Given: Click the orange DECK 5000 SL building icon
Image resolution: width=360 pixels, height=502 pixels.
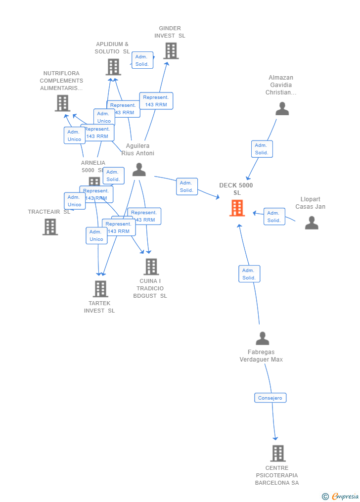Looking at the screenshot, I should [237, 208].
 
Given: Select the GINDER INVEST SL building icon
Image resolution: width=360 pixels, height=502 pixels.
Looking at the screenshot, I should [171, 50].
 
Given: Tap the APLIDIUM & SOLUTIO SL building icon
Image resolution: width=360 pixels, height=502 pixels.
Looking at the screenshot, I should [113, 67].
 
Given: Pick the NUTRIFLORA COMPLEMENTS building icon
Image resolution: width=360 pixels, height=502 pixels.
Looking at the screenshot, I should [62, 103].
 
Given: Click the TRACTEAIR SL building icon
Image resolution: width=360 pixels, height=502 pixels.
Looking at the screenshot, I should [50, 227].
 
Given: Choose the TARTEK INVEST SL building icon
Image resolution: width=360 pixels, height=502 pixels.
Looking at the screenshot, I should [100, 288].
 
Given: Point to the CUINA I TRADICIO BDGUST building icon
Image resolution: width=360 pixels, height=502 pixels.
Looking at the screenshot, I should [151, 267].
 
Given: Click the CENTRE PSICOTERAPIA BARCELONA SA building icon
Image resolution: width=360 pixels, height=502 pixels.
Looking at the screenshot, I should [278, 453].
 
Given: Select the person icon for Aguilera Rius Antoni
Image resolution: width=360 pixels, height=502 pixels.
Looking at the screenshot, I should [139, 170].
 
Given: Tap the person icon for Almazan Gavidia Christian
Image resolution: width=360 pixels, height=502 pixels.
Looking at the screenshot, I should [282, 108].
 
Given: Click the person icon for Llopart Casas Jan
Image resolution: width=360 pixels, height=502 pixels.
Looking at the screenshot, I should [312, 223].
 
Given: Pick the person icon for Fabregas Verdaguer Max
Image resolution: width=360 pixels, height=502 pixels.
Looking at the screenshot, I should [262, 338].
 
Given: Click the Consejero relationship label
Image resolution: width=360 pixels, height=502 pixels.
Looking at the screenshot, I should [270, 398].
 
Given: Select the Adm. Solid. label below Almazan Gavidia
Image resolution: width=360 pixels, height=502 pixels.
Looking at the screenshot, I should [262, 149].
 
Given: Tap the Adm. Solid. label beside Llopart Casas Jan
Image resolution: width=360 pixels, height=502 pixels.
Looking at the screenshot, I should [274, 217].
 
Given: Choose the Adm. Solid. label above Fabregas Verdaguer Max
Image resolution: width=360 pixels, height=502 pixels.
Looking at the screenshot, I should [249, 274].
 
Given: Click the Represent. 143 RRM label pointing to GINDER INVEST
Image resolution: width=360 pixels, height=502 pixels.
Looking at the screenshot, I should [156, 101].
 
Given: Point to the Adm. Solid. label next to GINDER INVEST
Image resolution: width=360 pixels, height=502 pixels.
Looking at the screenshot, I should [142, 60].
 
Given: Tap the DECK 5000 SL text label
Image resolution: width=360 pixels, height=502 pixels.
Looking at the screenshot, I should [236, 189].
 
